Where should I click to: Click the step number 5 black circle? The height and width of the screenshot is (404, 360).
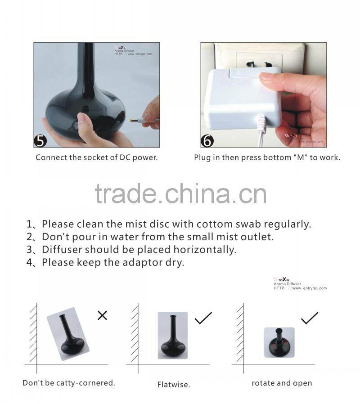click(x=40, y=140)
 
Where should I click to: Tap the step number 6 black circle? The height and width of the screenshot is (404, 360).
click(x=207, y=140)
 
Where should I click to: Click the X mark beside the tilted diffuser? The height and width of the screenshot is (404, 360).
click(x=102, y=315)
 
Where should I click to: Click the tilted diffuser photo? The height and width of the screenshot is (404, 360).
click(x=67, y=334)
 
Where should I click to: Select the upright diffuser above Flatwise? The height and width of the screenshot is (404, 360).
click(x=172, y=335)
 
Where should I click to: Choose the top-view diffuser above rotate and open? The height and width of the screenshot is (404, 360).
click(x=279, y=342)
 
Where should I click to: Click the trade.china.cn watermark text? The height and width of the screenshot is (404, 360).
click(x=180, y=194)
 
